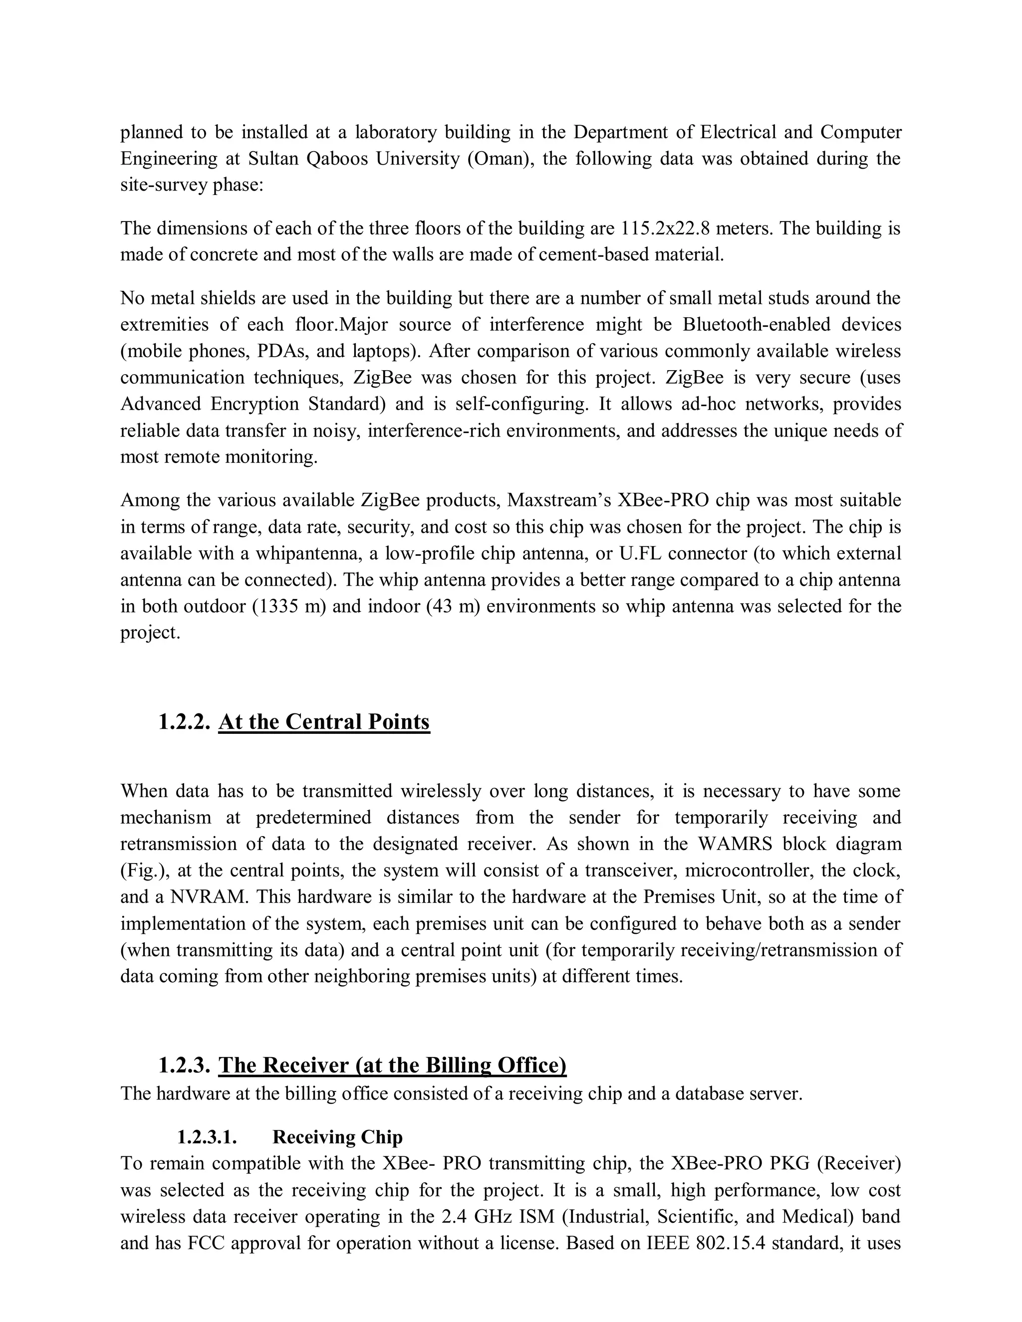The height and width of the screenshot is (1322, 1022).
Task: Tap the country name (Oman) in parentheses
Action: pos(497,159)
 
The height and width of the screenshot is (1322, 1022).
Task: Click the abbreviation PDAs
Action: pos(281,351)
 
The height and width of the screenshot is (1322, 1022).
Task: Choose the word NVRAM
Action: pos(209,896)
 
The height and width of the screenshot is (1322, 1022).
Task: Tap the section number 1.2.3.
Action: pos(184,1066)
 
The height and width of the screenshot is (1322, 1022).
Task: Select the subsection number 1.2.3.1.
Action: pos(207,1137)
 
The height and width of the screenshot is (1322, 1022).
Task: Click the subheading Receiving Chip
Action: pos(337,1137)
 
